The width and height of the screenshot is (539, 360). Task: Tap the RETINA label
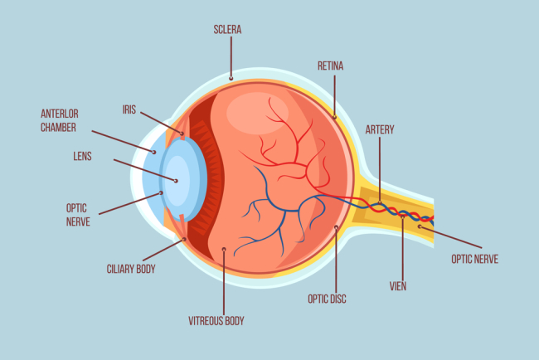[x=331, y=65]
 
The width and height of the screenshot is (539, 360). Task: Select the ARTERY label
[x=380, y=129]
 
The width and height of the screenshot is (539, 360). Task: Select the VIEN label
[x=398, y=285]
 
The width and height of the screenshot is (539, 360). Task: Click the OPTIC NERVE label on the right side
[x=474, y=259]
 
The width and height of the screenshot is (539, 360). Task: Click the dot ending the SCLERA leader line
[x=232, y=79]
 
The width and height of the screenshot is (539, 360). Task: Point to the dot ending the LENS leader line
[x=175, y=179]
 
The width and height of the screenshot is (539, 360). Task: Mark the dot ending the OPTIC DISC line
[x=337, y=226]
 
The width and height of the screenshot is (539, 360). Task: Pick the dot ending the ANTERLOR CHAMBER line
[x=153, y=151]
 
